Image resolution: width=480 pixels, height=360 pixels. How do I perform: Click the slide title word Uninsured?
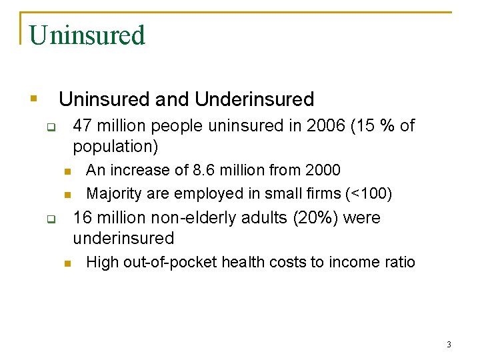click(87, 35)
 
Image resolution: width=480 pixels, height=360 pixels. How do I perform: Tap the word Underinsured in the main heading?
click(254, 99)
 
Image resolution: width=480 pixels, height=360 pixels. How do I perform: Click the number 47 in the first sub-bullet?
click(83, 125)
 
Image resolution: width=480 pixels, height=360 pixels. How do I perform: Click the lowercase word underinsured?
click(123, 238)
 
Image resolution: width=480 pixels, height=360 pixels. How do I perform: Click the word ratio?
click(399, 262)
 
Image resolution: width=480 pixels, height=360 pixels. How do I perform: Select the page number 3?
click(449, 345)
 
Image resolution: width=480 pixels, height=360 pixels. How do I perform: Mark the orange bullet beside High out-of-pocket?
click(67, 263)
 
